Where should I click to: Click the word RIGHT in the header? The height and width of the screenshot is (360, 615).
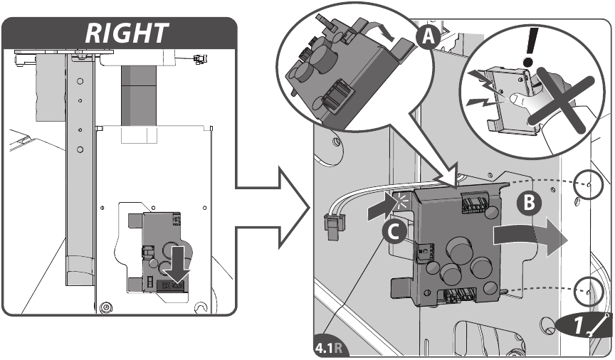(126, 33)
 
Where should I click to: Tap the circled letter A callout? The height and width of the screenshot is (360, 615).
(428, 38)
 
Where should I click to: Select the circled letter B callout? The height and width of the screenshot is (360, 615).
(528, 203)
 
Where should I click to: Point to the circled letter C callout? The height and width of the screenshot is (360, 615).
(394, 232)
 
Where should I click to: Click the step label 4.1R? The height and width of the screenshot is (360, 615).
(328, 348)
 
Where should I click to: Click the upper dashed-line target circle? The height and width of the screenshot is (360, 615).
(589, 184)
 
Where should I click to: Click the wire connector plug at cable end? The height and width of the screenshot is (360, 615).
(332, 228)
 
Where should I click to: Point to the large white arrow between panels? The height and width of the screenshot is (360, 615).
(270, 208)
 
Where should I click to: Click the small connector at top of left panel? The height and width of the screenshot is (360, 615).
(200, 60)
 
